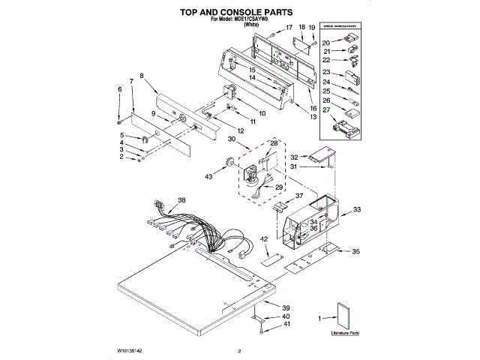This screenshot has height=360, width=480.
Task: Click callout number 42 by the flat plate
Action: pyautogui.click(x=264, y=239)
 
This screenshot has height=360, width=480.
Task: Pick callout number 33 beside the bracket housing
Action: pyautogui.click(x=357, y=211)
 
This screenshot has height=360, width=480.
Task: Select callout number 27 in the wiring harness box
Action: pyautogui.click(x=326, y=109)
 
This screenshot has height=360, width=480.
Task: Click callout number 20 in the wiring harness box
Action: pyautogui.click(x=326, y=43)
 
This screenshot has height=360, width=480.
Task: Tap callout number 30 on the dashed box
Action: pyautogui.click(x=232, y=139)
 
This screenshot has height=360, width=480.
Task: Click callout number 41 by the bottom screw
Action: pyautogui.click(x=285, y=324)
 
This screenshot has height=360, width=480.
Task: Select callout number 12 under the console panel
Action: pyautogui.click(x=240, y=130)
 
